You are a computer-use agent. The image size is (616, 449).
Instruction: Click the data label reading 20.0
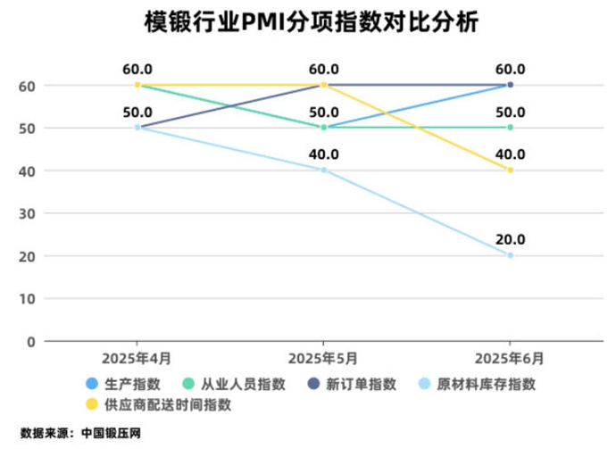[x=510, y=239]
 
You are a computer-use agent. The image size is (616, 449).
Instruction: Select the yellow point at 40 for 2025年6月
[x=510, y=170]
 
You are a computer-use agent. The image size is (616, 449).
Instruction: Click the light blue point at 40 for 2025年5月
[x=323, y=170]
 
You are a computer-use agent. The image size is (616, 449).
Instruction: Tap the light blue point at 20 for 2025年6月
[x=510, y=256]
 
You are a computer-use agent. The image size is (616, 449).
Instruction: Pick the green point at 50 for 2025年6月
[x=510, y=128]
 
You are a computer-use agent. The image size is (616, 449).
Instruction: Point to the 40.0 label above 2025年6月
[x=510, y=154]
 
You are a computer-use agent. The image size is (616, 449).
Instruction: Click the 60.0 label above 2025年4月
[x=137, y=69]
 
